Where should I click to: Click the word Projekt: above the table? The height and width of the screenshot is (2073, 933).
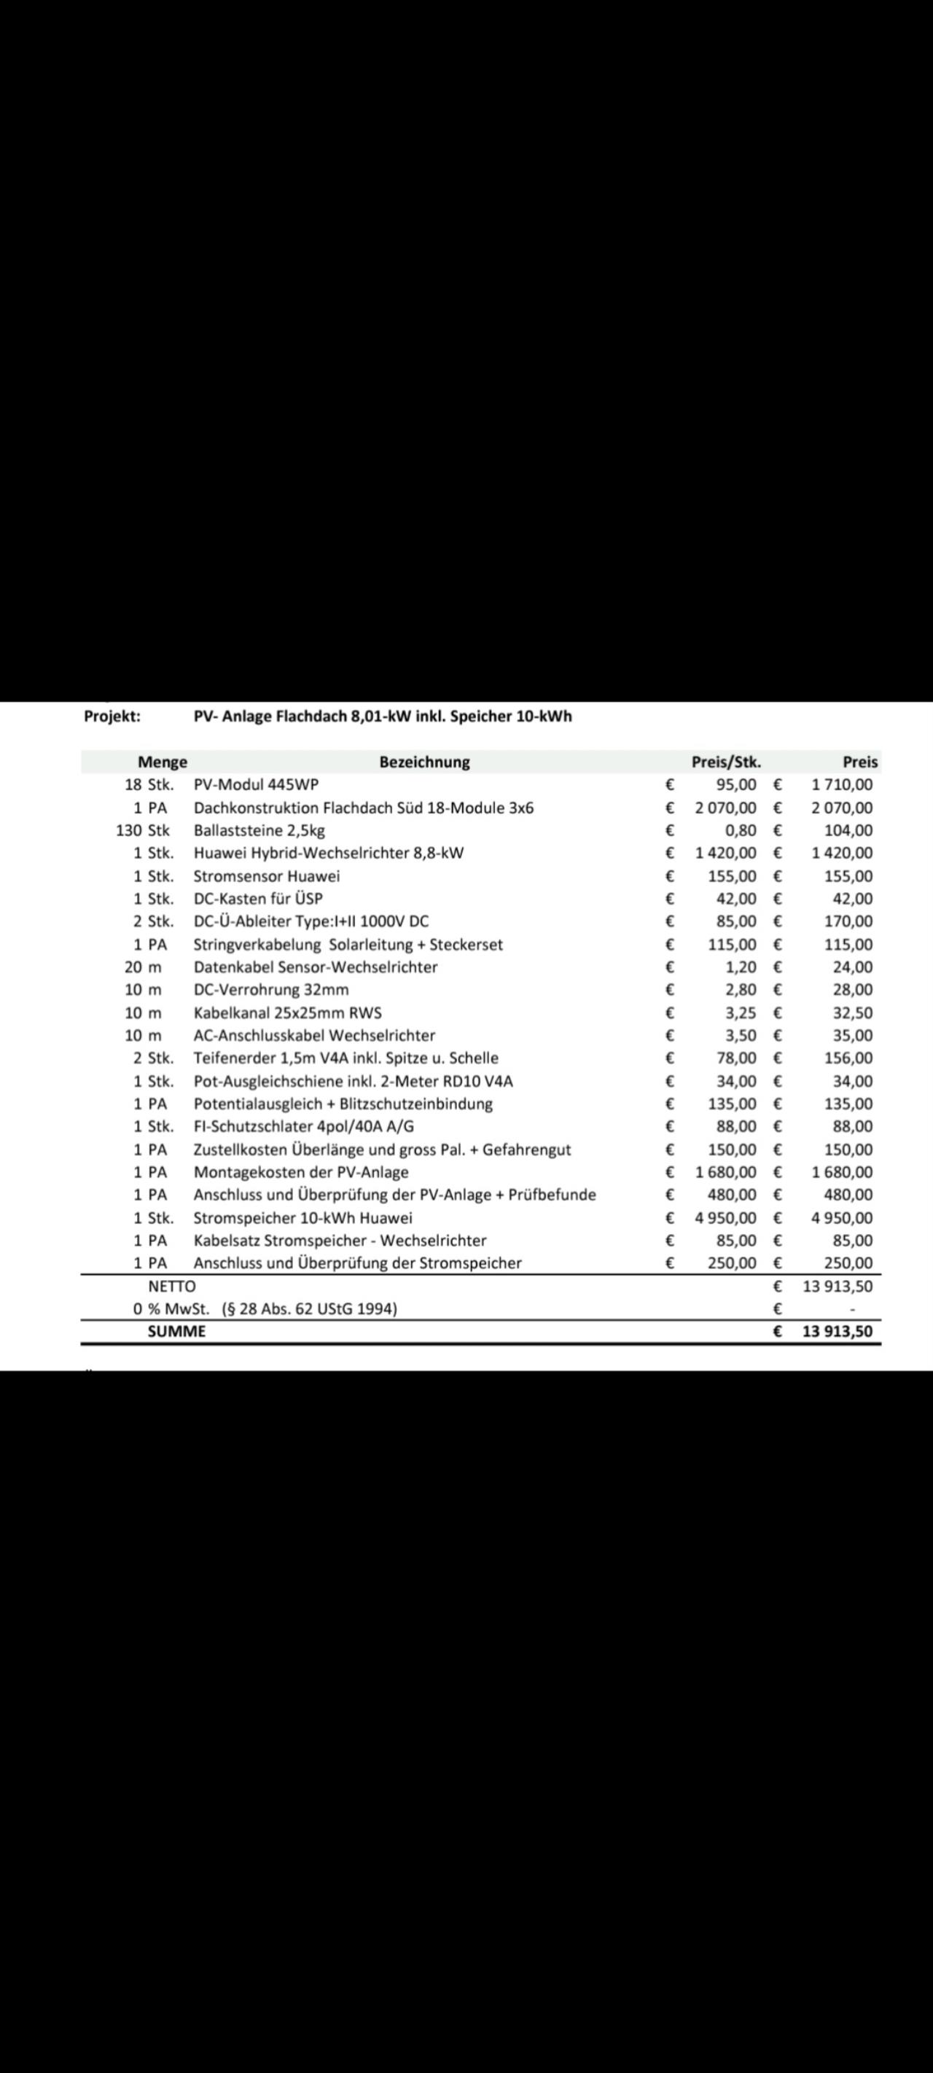coord(112,717)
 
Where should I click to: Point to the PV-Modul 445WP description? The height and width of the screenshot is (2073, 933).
coord(256,784)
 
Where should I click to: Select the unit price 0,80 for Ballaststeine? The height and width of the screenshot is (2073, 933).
coord(741,829)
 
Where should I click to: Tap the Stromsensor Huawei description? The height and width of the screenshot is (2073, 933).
coord(267,875)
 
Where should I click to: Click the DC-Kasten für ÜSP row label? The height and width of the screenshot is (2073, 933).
coord(257,898)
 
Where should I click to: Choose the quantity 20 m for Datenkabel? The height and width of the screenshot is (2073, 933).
coord(142,967)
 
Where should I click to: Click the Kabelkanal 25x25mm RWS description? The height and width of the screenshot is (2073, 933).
coord(287,1012)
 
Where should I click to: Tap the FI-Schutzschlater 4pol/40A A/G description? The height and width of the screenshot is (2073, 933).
coord(303,1126)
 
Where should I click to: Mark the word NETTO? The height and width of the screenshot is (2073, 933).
coord(171,1286)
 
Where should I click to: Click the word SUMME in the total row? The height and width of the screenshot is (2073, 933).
coord(176,1331)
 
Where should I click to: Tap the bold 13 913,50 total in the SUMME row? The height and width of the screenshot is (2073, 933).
coord(838,1331)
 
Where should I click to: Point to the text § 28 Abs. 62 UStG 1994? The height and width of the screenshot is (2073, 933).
coord(309,1308)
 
